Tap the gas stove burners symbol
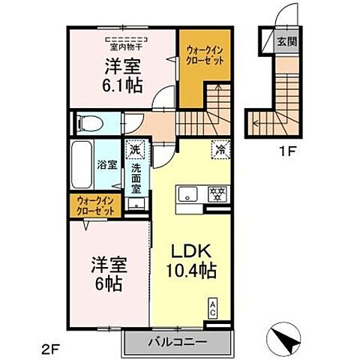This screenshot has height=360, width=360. coord(219,193)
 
